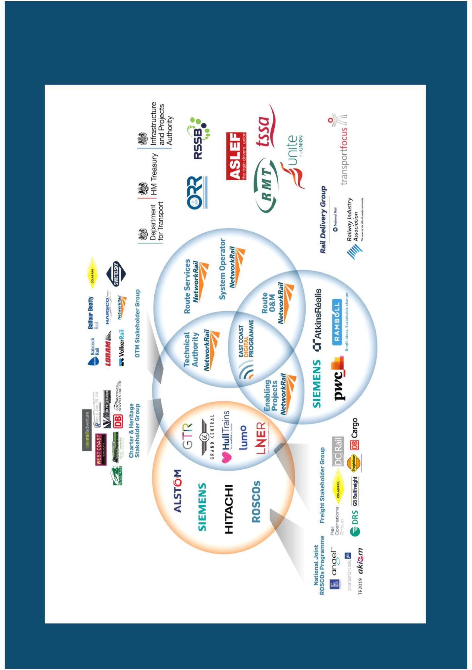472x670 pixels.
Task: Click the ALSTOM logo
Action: pyautogui.click(x=178, y=491)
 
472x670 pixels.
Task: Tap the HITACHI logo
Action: pyautogui.click(x=229, y=509)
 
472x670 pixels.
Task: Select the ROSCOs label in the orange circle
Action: pyautogui.click(x=256, y=501)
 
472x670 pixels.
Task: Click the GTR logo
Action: pyautogui.click(x=187, y=436)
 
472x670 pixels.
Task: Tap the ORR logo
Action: pyautogui.click(x=197, y=192)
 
